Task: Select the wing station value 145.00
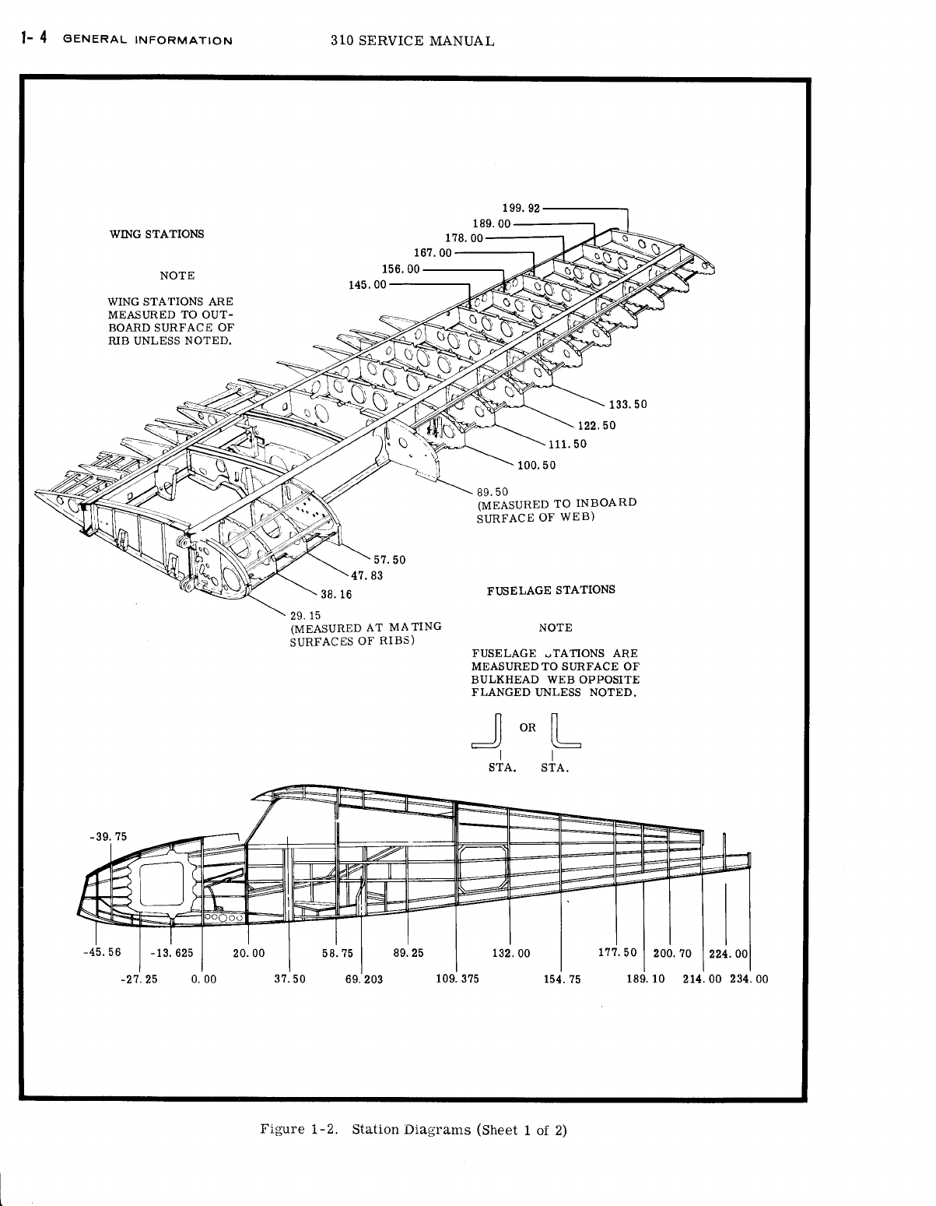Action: click(x=368, y=284)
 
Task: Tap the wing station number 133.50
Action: click(x=628, y=404)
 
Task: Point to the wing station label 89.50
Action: click(x=492, y=491)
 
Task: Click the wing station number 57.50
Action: click(x=390, y=560)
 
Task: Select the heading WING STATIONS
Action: click(x=159, y=234)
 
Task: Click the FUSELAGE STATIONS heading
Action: click(x=551, y=589)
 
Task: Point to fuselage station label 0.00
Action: click(x=203, y=979)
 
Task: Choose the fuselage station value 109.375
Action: click(x=457, y=979)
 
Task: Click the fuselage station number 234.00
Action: click(x=748, y=979)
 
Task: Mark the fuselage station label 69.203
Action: click(x=364, y=979)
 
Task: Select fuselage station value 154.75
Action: click(x=562, y=979)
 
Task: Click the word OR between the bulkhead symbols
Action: click(x=528, y=728)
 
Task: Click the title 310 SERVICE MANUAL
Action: click(x=412, y=41)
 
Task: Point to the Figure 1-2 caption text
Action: click(x=413, y=1130)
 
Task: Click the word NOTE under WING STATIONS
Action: click(x=177, y=276)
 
